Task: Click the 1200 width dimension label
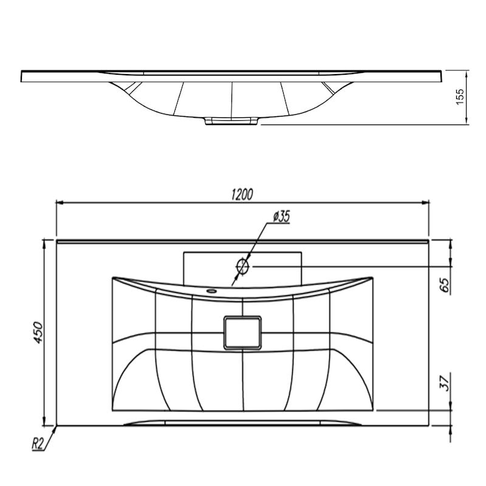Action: [x=242, y=194]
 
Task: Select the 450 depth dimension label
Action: [x=38, y=332]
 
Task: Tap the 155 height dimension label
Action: [x=460, y=97]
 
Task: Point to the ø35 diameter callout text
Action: [x=281, y=216]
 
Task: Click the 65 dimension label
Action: [x=445, y=285]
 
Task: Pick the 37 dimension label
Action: [x=445, y=383]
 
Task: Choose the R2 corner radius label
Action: [x=37, y=444]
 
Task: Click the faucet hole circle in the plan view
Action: [x=242, y=266]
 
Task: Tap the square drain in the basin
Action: [x=242, y=333]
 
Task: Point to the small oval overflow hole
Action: [x=212, y=291]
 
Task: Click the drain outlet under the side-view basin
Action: [x=231, y=121]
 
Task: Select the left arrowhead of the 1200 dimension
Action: [x=60, y=202]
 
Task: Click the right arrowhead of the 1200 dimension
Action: [x=426, y=202]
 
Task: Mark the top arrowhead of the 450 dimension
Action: [x=44, y=244]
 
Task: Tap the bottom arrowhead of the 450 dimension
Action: [x=44, y=422]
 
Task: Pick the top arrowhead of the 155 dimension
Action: [x=466, y=74]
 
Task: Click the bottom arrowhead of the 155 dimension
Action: [x=466, y=120]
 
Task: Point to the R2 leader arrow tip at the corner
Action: [x=56, y=426]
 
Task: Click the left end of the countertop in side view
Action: [x=21, y=77]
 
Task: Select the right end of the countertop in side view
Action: [x=441, y=77]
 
